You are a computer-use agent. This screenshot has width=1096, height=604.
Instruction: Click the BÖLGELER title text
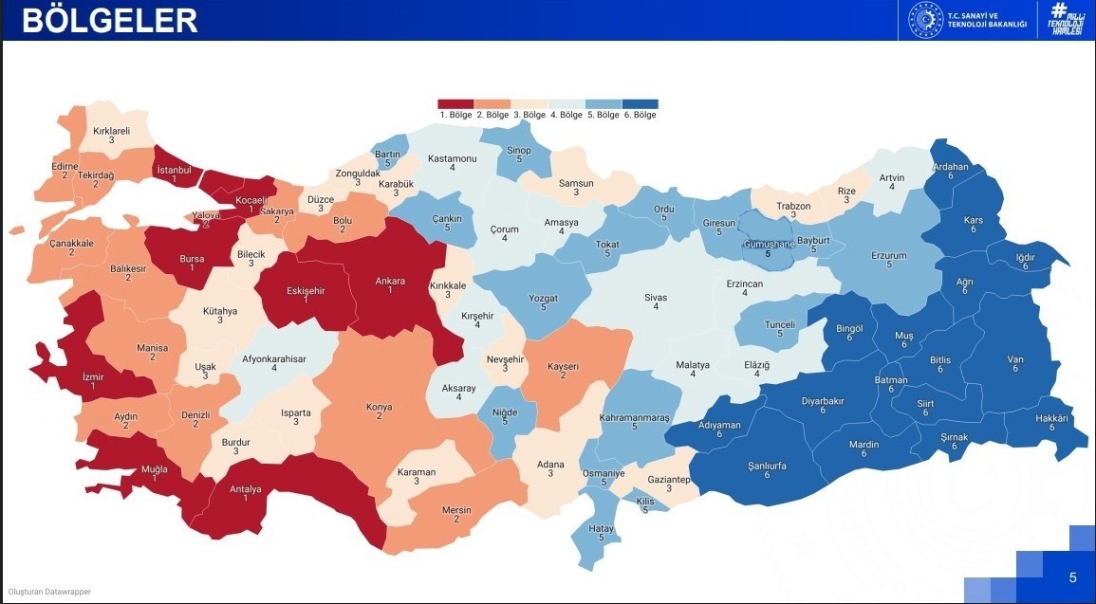click(x=109, y=20)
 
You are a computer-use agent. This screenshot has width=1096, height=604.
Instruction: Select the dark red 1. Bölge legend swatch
click(x=455, y=104)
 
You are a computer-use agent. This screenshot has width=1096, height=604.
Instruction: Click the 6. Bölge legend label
click(x=641, y=115)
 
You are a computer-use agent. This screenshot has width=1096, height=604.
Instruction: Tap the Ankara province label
click(x=390, y=281)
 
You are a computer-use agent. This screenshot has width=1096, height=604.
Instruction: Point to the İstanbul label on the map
click(x=175, y=171)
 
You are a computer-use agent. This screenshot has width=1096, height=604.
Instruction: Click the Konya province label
click(x=379, y=408)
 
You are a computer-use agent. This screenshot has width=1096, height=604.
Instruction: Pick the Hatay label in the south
click(x=601, y=527)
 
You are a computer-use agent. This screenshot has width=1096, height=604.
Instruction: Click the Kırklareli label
click(x=111, y=132)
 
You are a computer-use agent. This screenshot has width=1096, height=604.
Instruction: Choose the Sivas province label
click(x=656, y=298)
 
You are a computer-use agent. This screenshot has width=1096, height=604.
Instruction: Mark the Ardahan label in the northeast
click(x=951, y=167)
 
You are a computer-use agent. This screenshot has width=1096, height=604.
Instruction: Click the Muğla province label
click(x=154, y=469)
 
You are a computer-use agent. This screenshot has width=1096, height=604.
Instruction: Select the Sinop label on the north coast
click(x=519, y=150)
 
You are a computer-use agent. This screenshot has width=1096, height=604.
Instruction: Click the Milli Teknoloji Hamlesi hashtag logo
click(x=1067, y=20)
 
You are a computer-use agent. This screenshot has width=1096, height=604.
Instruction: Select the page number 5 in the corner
click(x=1072, y=577)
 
